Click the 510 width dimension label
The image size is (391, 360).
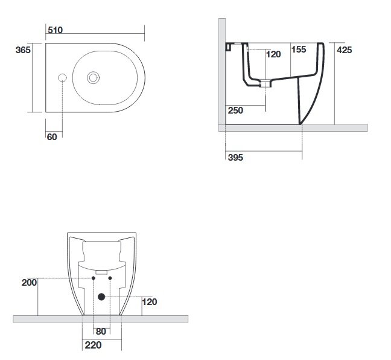coord(55,30)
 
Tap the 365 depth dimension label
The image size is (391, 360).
coord(23,50)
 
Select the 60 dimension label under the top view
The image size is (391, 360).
coord(52,137)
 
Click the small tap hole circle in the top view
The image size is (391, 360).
coord(62,78)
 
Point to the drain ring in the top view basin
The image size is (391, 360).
coord(94,78)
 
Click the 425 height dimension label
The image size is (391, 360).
coord(345,50)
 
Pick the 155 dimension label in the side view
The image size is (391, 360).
coord(299,49)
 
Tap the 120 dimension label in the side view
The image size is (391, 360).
coord(273,54)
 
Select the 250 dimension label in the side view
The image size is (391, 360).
coord(235,111)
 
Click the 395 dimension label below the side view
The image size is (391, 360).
coord(235,157)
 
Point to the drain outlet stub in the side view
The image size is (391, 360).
coord(265,83)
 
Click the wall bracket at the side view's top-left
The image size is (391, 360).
coord(229,47)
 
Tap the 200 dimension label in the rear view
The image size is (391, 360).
coord(29,283)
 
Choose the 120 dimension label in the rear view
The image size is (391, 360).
coord(150,302)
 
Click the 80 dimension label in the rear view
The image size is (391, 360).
coord(101,331)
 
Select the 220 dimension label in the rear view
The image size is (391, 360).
coord(93,345)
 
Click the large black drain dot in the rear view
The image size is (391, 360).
coord(101,297)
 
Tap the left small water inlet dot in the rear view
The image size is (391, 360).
coord(94,278)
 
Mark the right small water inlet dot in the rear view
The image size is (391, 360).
coord(110,278)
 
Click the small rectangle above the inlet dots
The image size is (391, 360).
coord(101,272)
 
